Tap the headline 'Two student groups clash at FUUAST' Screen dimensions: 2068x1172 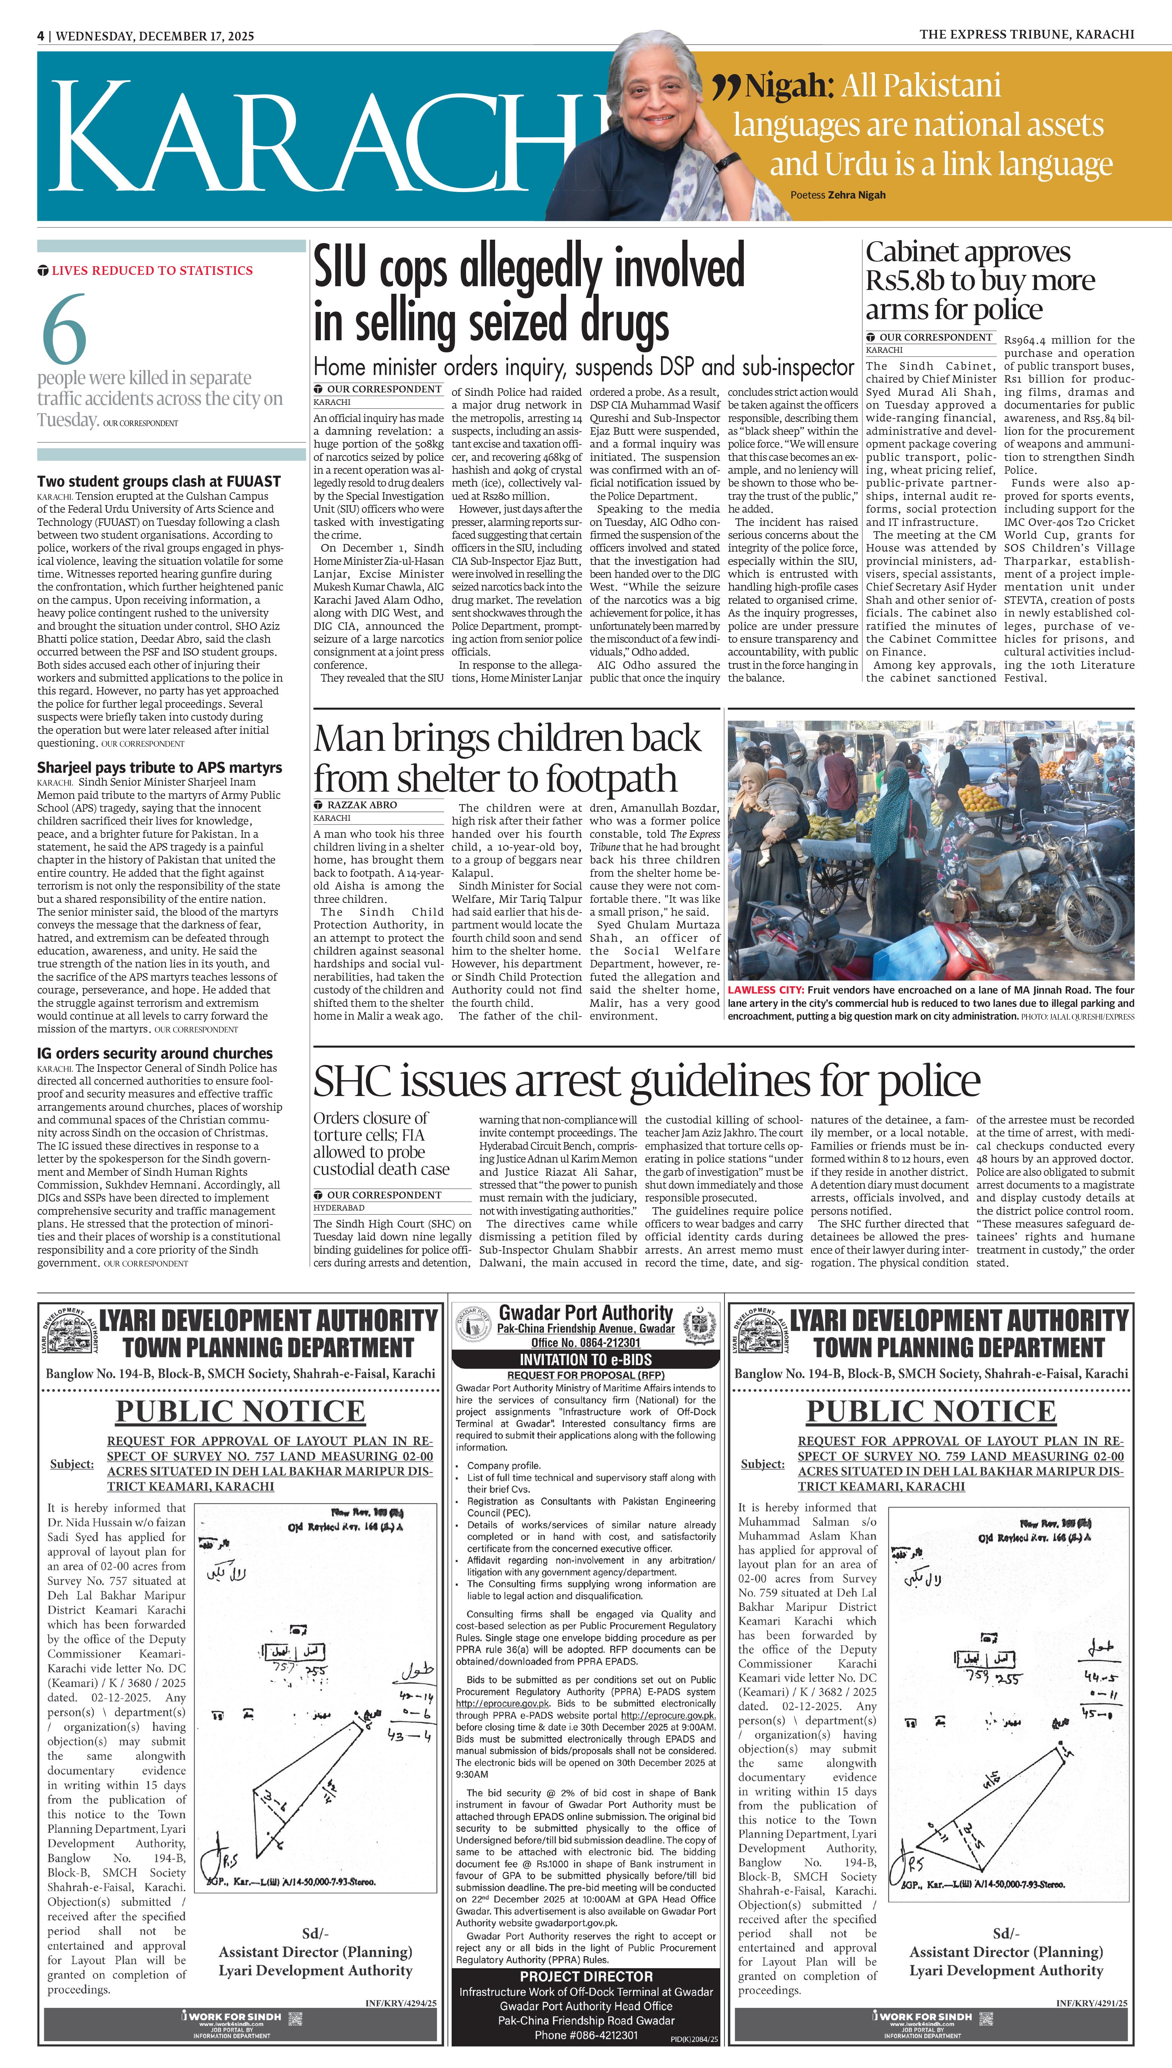tap(159, 481)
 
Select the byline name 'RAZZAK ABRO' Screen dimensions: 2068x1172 tap(361, 804)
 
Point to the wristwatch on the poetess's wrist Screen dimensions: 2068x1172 tap(728, 161)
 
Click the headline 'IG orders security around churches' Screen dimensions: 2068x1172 tap(155, 1053)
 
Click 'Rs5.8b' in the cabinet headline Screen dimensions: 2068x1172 tap(905, 281)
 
